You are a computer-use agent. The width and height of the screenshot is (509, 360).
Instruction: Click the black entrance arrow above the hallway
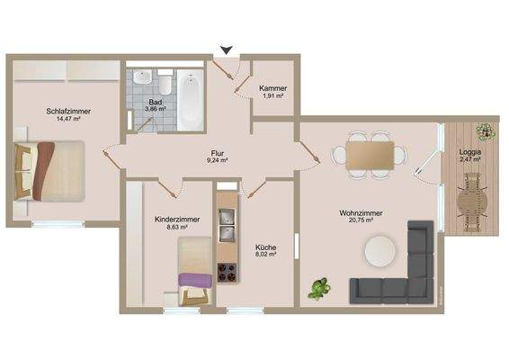coord(227,50)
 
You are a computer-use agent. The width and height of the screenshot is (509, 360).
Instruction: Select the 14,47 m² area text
coord(69,120)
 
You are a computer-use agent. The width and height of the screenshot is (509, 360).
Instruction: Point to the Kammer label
coord(272,87)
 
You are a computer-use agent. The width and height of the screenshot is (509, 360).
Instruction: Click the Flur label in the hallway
coord(218,152)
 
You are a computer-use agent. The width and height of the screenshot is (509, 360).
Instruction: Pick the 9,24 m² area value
coord(218,161)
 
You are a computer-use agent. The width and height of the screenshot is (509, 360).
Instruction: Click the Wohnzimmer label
coord(361,213)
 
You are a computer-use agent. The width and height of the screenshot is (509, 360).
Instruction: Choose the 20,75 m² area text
coord(361,222)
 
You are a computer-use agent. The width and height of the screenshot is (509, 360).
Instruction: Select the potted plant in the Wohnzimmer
coord(317,289)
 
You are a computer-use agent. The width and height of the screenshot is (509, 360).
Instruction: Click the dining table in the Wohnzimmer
coord(368,155)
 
